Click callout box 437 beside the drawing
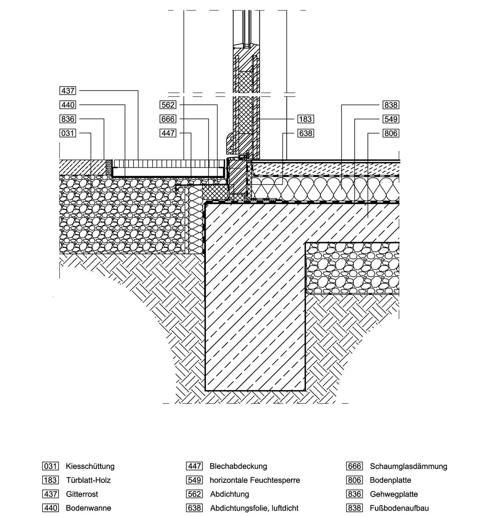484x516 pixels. pos(68,91)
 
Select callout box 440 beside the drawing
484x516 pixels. pos(68,105)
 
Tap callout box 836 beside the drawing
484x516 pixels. pos(68,119)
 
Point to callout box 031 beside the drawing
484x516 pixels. pos(68,133)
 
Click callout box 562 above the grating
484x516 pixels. pos(168,105)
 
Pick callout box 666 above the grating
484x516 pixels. pos(168,119)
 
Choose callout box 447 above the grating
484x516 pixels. pos(168,133)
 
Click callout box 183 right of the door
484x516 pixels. pos(305,119)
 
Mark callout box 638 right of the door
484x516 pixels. pos(305,133)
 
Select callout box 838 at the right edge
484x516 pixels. pos(391,105)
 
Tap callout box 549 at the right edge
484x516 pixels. pos(391,119)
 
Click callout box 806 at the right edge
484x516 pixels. pos(391,133)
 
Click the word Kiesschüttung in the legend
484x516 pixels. pos(90,466)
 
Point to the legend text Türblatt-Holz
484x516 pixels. pos(88,480)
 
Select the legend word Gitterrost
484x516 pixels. pos(82,494)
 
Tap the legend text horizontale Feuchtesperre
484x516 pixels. pos(255,480)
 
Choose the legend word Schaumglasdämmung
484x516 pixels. pos(408,466)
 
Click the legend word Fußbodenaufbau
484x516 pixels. pos(399,508)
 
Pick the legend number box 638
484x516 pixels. pos(195,508)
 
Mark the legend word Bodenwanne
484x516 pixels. pos(88,508)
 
